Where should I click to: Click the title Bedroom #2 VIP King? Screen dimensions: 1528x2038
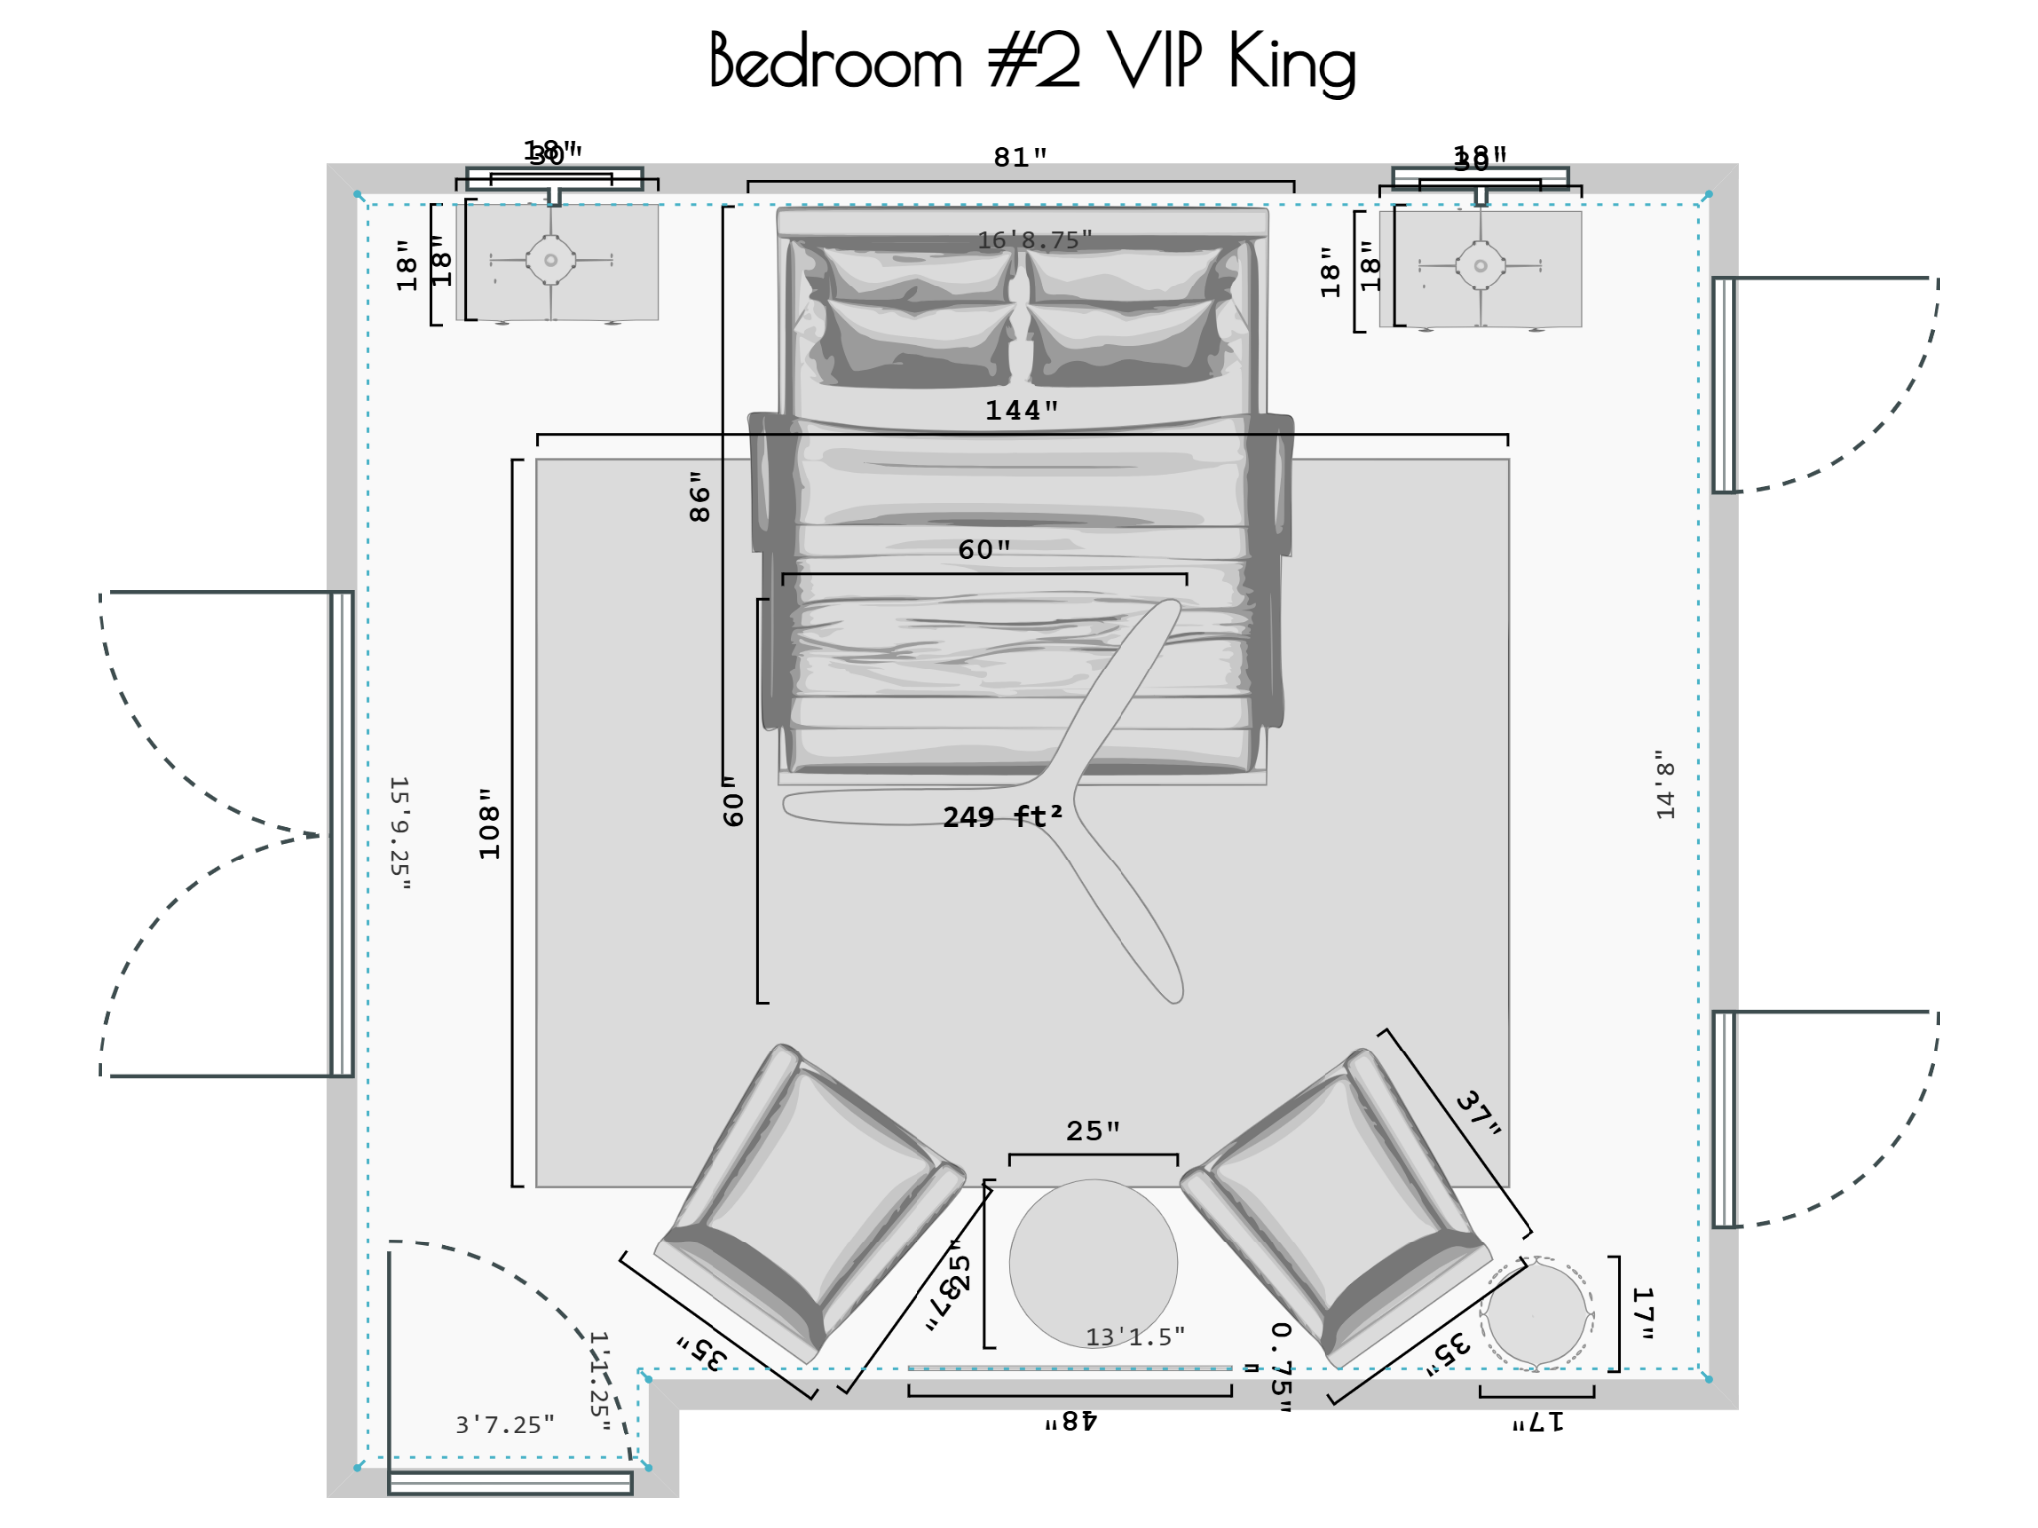(1032, 62)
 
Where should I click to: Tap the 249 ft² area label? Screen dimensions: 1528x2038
(1002, 817)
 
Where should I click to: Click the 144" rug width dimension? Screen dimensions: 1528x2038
(1021, 410)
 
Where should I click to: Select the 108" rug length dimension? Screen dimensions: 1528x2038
(489, 824)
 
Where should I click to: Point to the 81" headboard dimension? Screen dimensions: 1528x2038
(1020, 157)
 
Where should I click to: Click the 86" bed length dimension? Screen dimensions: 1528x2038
(700, 496)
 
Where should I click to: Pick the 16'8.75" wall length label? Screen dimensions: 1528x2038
(1034, 240)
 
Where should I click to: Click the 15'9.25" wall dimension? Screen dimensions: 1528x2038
(399, 834)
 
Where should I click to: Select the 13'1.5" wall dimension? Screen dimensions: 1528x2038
(1134, 1337)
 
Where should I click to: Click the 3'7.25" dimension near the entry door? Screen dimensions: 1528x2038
(505, 1425)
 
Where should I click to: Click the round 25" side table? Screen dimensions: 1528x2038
(1093, 1263)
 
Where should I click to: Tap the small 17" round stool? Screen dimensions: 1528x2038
(1536, 1314)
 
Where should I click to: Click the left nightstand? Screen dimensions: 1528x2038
(556, 262)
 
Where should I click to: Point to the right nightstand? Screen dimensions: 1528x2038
(1481, 268)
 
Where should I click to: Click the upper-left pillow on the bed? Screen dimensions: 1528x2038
(916, 275)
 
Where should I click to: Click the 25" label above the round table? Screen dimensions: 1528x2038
(1092, 1131)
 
